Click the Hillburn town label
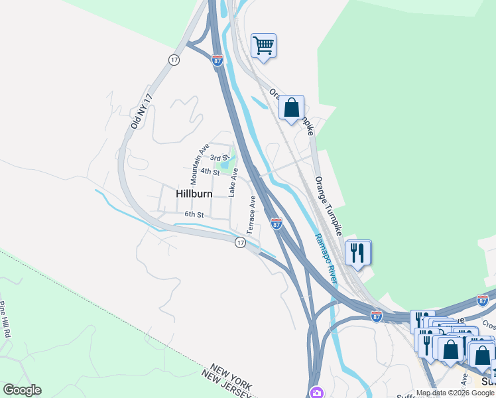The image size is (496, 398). tap(194, 194)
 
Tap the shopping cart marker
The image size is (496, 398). tap(263, 46)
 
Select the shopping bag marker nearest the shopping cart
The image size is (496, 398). tap(291, 107)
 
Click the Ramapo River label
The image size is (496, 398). tap(326, 259)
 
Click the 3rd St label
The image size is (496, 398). tap(219, 158)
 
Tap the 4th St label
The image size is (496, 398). tap(210, 172)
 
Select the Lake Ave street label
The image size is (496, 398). tap(233, 182)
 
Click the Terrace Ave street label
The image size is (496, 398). tap(251, 214)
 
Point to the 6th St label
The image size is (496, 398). tap(194, 214)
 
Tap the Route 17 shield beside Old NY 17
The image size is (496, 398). tap(174, 60)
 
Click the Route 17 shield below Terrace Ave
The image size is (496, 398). tap(240, 243)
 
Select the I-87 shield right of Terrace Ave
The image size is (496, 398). tap(277, 224)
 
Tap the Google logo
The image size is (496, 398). tap(22, 390)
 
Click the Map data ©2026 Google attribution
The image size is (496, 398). tap(455, 393)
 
